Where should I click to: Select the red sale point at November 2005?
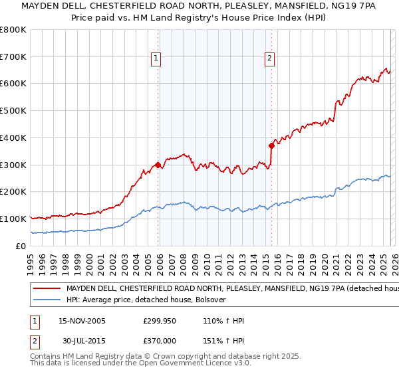[158, 165]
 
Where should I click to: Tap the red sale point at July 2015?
[271, 145]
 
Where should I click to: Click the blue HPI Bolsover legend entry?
[146, 300]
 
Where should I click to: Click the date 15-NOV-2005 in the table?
[83, 321]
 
